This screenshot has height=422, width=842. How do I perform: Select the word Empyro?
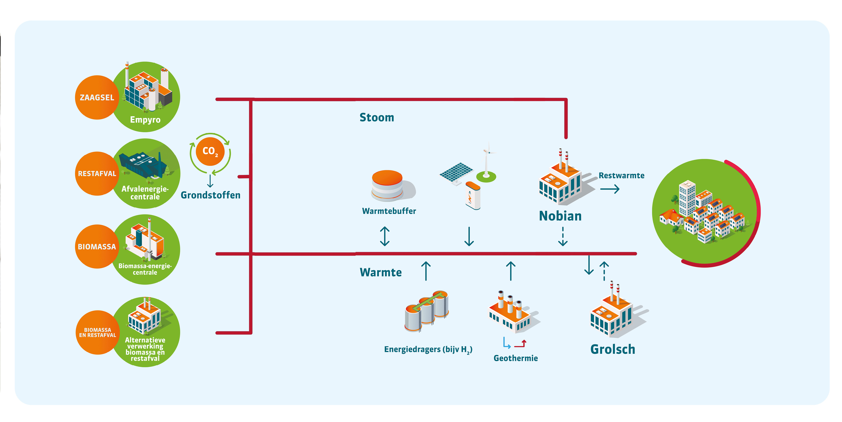[x=145, y=120]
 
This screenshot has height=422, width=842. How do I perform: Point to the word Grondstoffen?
[x=210, y=195]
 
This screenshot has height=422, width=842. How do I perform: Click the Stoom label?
[x=376, y=117]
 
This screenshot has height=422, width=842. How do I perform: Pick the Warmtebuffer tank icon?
[x=388, y=185]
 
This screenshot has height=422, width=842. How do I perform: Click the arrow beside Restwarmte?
[x=610, y=189]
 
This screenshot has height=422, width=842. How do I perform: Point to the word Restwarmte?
[x=621, y=176]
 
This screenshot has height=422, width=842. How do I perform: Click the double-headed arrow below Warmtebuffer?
[x=385, y=236]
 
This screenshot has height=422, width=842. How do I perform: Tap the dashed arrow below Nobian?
[x=562, y=237]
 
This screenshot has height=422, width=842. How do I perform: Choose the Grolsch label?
[x=613, y=349]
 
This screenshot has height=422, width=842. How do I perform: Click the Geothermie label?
[x=515, y=358]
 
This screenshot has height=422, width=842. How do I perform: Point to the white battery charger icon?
[x=473, y=196]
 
